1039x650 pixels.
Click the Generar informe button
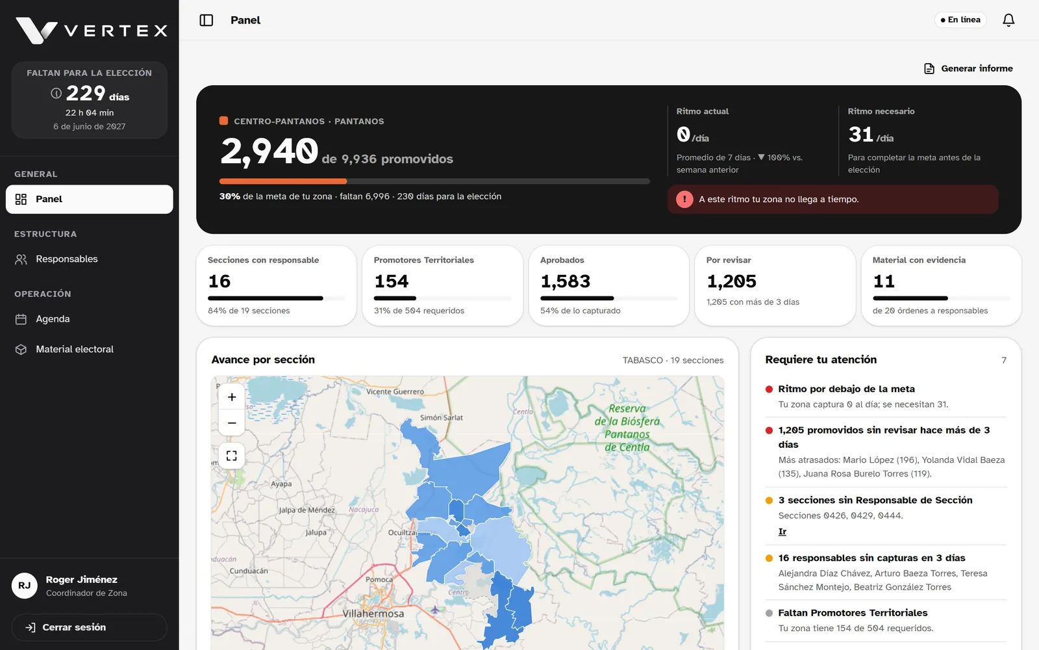[x=968, y=69]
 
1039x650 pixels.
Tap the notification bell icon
[x=1008, y=20]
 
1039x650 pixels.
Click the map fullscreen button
[x=231, y=456]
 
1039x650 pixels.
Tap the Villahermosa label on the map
[x=373, y=614]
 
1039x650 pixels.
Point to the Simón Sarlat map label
[x=441, y=417]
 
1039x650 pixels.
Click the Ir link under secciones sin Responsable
[x=782, y=532]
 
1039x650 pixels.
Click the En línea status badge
[x=960, y=20]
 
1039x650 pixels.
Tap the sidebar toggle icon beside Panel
[x=207, y=20]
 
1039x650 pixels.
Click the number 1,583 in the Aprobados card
[x=565, y=281]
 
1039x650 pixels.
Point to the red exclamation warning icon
[x=684, y=199]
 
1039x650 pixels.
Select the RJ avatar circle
[x=25, y=586]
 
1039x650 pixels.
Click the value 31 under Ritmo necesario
[x=861, y=135]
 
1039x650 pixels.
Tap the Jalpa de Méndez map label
[x=307, y=510]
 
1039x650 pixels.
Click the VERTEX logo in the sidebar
[x=92, y=31]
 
